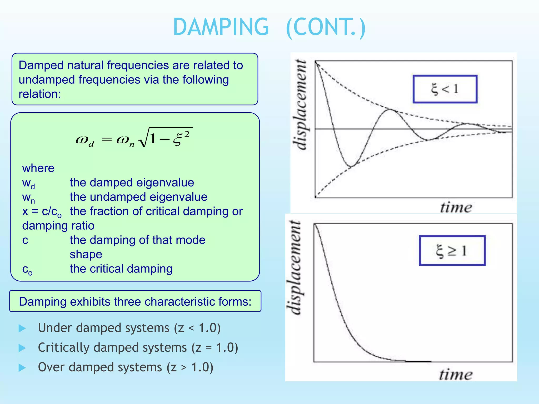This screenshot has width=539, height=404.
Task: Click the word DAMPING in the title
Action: click(221, 27)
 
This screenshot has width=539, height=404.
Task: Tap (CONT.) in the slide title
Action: click(326, 28)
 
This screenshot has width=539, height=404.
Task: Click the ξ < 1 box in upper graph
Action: click(445, 89)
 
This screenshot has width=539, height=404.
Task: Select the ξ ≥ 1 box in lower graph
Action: click(452, 250)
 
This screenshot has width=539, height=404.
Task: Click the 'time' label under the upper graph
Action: click(456, 208)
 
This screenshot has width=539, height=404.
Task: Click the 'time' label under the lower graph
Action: click(456, 375)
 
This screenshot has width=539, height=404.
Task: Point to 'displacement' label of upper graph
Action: click(301, 105)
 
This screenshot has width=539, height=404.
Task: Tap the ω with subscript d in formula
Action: click(84, 140)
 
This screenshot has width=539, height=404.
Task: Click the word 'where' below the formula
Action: click(38, 168)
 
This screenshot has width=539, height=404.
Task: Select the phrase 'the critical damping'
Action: click(121, 269)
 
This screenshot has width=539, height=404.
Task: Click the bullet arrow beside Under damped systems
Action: click(22, 328)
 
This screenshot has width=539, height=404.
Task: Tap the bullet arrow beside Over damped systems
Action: click(22, 368)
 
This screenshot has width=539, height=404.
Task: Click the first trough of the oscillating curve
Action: click(351, 166)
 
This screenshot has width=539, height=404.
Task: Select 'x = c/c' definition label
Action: click(42, 212)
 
